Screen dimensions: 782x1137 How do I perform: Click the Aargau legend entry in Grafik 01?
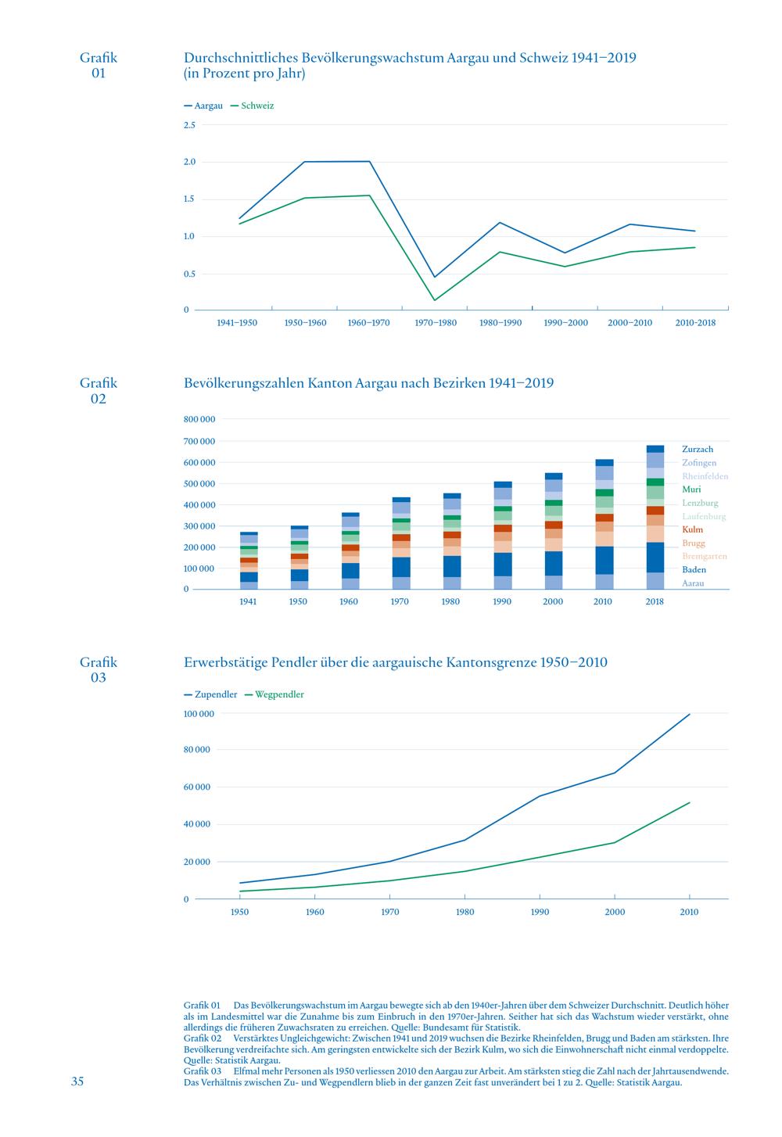pos(203,106)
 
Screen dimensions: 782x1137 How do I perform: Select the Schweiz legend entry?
pos(253,106)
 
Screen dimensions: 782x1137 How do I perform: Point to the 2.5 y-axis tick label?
pos(189,125)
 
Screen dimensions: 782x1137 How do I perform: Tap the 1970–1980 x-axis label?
pos(436,323)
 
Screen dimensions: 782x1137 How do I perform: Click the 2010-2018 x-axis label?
pos(695,323)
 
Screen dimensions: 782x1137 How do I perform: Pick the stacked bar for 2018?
pos(655,517)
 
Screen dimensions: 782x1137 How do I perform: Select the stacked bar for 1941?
pos(249,561)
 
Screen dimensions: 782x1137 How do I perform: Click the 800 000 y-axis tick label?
pos(199,419)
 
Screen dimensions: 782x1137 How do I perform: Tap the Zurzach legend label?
pos(698,449)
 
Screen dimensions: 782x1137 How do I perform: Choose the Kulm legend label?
pos(692,529)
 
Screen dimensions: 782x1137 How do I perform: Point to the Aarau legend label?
pos(693,583)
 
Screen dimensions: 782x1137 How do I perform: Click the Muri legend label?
pos(691,490)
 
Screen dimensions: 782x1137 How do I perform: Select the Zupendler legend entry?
pos(210,694)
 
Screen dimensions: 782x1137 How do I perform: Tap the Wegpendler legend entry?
pos(274,694)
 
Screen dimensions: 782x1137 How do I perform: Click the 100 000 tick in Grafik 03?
pos(199,714)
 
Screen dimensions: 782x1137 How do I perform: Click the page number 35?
pos(77,1081)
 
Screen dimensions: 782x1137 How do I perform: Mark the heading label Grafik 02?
pos(99,390)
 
